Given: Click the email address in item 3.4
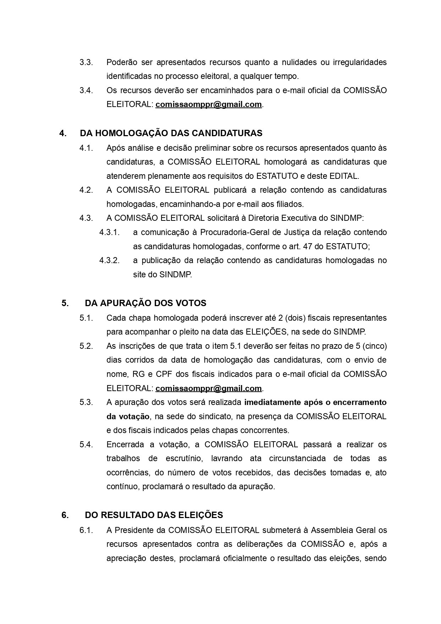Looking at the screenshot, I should click(x=208, y=105).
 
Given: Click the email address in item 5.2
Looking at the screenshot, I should click(x=208, y=388).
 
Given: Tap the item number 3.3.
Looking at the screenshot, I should click(x=86, y=62).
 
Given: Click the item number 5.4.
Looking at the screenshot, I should click(x=86, y=444).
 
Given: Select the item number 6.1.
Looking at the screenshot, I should click(x=86, y=530).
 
